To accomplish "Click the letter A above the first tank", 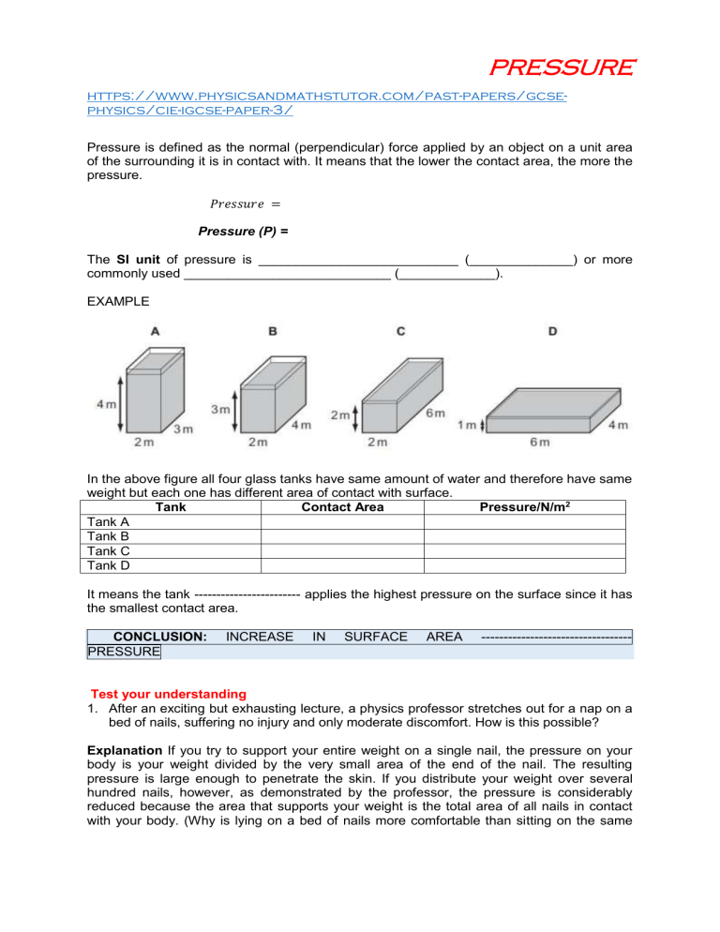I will click(153, 330).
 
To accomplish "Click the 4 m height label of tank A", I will click(105, 405).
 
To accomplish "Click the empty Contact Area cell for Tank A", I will click(342, 521).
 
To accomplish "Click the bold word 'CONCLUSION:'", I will click(154, 637).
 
